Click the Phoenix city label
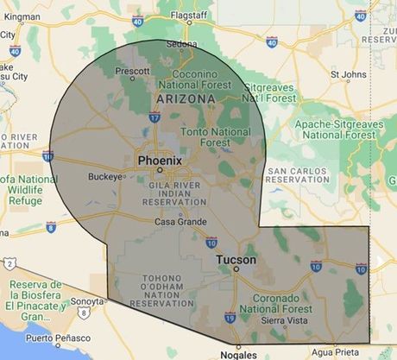[x=160, y=161]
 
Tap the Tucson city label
[x=235, y=258]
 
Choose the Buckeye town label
[x=107, y=178]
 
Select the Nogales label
[x=237, y=354]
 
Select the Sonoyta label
[x=86, y=301]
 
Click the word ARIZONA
[x=184, y=99]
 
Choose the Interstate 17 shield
[x=154, y=117]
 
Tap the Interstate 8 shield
[x=51, y=227]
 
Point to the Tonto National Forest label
[x=215, y=137]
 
